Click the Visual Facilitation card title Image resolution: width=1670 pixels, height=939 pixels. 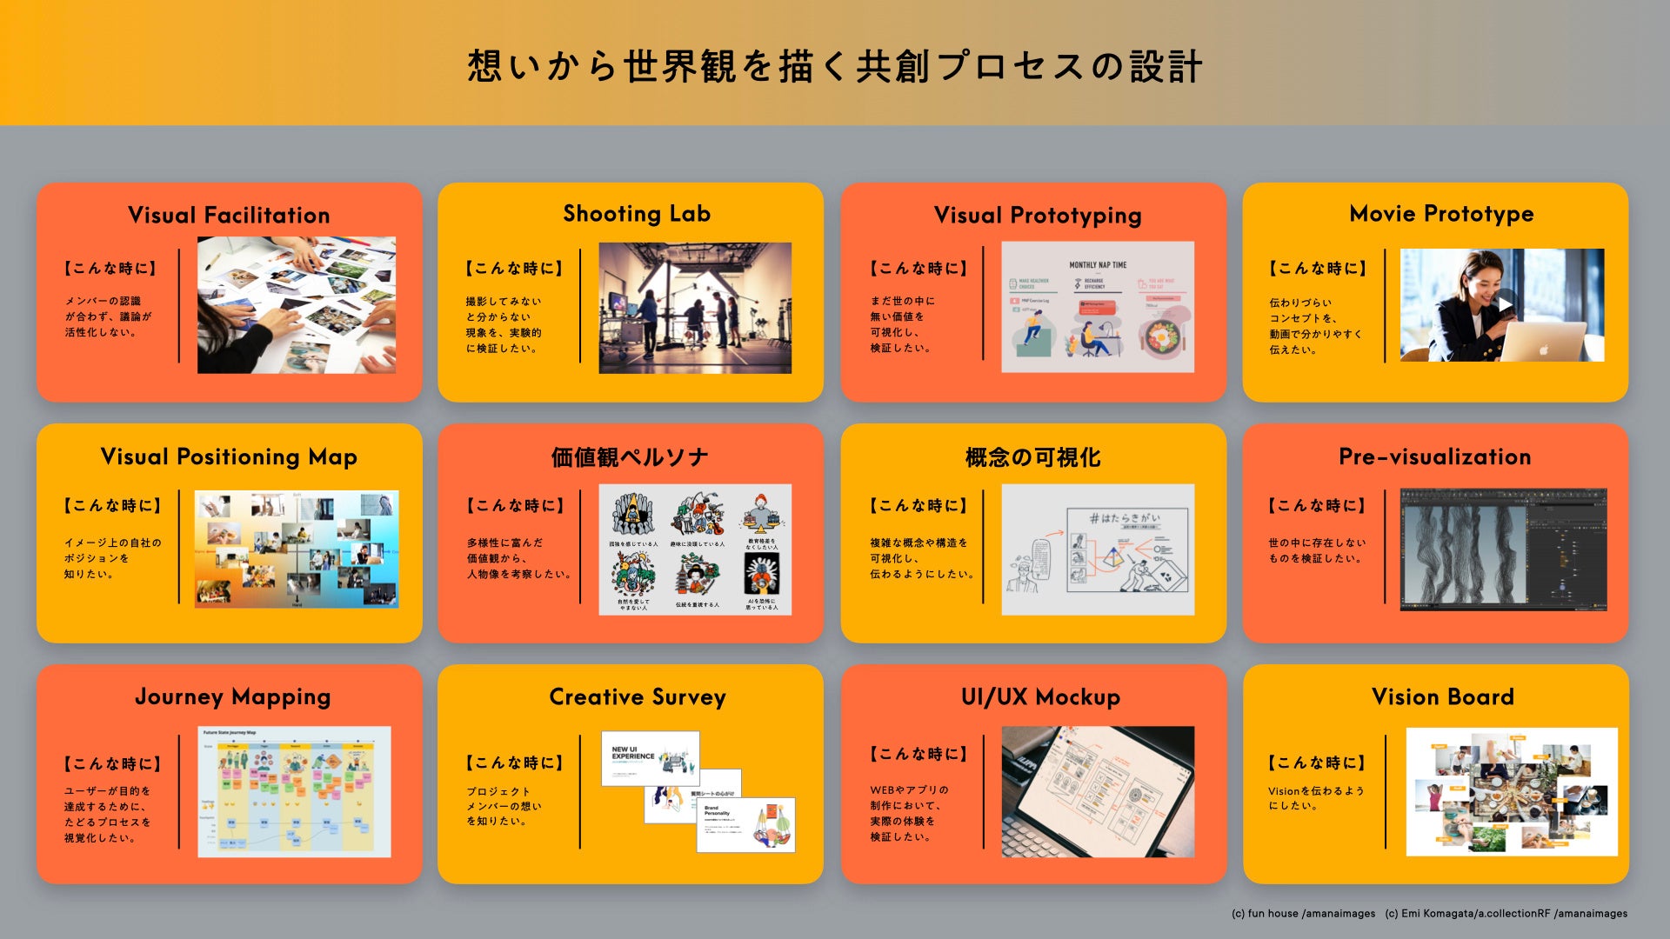pyautogui.click(x=229, y=215)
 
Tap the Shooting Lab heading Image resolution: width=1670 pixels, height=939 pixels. pyautogui.click(x=637, y=214)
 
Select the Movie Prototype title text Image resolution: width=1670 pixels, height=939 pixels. pyautogui.click(x=1441, y=214)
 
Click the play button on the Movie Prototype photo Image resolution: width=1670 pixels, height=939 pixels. pyautogui.click(x=1505, y=304)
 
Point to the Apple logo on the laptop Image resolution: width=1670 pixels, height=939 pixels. pyautogui.click(x=1543, y=350)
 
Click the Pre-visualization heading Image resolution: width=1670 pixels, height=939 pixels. pyautogui.click(x=1434, y=456)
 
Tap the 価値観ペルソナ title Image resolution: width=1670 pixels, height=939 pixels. pyautogui.click(x=630, y=457)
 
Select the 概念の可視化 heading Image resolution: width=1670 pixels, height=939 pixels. pyautogui.click(x=1032, y=457)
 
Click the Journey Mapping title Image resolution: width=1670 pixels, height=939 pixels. pyautogui.click(x=232, y=697)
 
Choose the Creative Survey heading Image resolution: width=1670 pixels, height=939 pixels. pyautogui.click(x=638, y=697)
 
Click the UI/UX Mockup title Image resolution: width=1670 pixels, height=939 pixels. pyautogui.click(x=1040, y=697)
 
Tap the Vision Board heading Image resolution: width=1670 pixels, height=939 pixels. pyautogui.click(x=1442, y=697)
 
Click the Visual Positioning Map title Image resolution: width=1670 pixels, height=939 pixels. pyautogui.click(x=229, y=457)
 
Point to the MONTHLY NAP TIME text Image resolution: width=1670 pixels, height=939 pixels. pyautogui.click(x=1098, y=265)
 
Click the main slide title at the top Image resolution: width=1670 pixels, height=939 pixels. pyautogui.click(x=835, y=67)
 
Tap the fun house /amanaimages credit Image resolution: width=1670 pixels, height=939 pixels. pyautogui.click(x=1303, y=914)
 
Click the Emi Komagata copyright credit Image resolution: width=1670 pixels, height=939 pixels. pyautogui.click(x=1506, y=914)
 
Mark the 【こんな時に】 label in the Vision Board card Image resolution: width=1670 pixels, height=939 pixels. pyautogui.click(x=1317, y=763)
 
